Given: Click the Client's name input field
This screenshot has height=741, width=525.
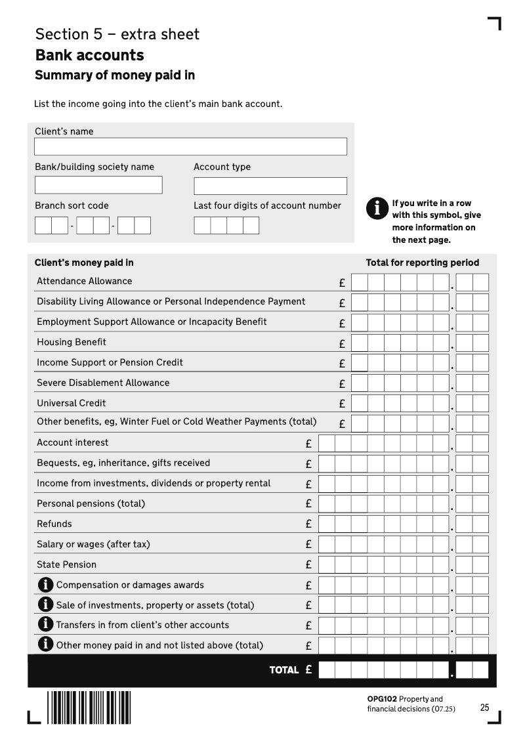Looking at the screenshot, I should coord(190,146).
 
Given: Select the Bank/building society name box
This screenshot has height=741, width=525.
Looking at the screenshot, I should coord(98,185).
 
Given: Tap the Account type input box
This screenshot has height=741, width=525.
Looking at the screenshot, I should coord(270,186).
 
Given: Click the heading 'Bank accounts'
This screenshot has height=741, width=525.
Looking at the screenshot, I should coord(90,54).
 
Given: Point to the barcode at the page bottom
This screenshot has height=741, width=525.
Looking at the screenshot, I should coord(89,707).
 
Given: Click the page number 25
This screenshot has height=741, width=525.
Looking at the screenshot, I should coord(485,708).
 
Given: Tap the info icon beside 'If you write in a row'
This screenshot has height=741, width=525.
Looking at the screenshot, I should coord(377,208).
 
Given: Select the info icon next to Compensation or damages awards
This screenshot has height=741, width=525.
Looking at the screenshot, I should coord(46,585).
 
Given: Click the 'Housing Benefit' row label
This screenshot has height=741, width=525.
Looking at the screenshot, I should coord(72,342).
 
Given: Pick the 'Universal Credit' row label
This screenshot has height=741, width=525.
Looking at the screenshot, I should coord(72,403).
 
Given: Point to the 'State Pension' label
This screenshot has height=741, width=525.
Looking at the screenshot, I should coord(66,564).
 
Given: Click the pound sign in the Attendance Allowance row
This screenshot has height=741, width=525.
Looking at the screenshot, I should coord(342,284).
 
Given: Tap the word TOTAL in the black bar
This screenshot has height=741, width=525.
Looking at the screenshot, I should coord(283,670).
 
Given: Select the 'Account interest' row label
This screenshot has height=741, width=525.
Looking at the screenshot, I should coord(73,442).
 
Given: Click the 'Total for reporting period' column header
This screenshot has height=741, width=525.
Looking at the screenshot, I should coord(422,263).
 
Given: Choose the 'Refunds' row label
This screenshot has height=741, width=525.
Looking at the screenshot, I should coord(54,524).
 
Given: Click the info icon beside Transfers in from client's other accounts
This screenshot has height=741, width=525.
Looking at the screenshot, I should coord(46,625).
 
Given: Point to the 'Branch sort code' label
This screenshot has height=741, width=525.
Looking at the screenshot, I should coord(72,205).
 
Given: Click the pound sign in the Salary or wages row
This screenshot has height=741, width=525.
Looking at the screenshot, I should coord(308,544).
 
